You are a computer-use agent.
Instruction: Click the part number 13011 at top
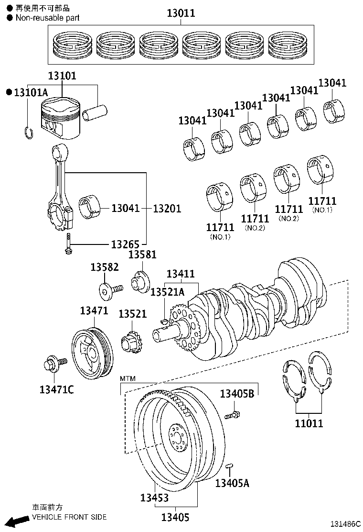click(181, 13)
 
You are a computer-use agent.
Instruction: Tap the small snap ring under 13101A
click(28, 132)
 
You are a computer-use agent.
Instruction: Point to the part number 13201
click(167, 209)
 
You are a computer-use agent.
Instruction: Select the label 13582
click(104, 267)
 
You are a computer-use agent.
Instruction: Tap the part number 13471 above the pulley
click(94, 310)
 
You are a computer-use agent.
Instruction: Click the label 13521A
click(167, 292)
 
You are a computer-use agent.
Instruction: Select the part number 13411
click(181, 274)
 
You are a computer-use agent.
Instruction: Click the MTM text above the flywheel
click(128, 378)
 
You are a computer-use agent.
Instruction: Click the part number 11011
click(309, 423)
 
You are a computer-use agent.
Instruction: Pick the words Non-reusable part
click(47, 18)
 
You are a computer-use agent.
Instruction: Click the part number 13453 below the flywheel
click(154, 498)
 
